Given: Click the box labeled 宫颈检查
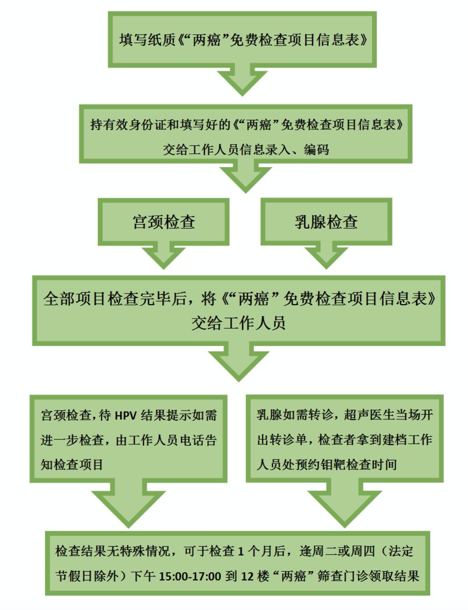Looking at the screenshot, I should click(x=163, y=222).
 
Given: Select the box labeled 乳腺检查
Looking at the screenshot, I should click(x=326, y=222).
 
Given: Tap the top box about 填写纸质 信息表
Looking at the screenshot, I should click(x=242, y=40).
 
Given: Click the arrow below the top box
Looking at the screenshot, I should click(x=242, y=82).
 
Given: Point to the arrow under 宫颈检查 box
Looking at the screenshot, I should click(x=163, y=257).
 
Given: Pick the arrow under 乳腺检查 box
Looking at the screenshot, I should click(x=326, y=257).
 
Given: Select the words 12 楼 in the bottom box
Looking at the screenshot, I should click(x=255, y=576).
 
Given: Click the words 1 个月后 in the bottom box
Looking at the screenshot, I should click(x=262, y=551).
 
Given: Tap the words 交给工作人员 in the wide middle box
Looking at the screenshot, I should click(x=238, y=323).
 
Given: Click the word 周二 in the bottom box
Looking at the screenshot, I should click(x=336, y=551).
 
